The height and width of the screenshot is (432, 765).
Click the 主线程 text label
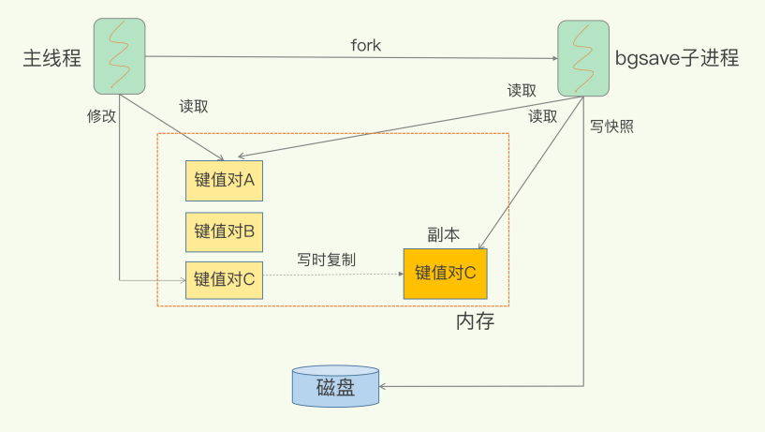click(x=51, y=57)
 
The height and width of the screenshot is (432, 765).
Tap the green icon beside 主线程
click(x=119, y=56)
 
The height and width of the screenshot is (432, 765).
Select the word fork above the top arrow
click(x=365, y=45)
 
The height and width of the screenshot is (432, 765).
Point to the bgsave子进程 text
click(x=677, y=58)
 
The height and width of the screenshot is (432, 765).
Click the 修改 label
click(x=102, y=116)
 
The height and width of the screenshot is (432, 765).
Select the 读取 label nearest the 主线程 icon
click(x=194, y=106)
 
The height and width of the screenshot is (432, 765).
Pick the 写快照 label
click(x=611, y=127)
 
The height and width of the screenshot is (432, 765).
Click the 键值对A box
click(x=224, y=180)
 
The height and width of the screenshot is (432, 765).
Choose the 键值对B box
click(x=224, y=231)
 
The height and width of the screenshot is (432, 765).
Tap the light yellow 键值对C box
click(x=224, y=279)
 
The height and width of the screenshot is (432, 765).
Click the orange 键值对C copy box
click(x=446, y=273)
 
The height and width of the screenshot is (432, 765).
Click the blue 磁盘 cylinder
click(x=335, y=386)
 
